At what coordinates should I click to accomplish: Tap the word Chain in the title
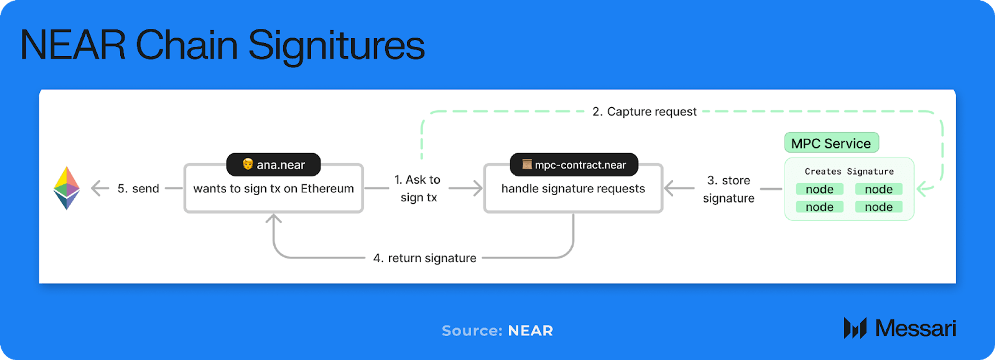coord(186,45)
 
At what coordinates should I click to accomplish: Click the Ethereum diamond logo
coord(66,188)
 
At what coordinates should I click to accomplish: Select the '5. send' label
coord(138,189)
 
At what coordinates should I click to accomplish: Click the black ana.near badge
coord(273,164)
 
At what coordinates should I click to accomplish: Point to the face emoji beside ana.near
coord(248,164)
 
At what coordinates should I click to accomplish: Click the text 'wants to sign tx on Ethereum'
coord(274,189)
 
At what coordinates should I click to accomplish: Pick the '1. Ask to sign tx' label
coord(418,188)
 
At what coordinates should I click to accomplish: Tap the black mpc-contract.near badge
coord(574,164)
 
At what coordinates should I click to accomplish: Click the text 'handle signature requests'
coord(573,189)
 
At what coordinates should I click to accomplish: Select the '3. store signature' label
coord(728,189)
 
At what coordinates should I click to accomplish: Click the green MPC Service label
coord(831,143)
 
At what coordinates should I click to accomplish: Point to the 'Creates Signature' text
coord(849,171)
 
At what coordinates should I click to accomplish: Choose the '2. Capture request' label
coord(644,111)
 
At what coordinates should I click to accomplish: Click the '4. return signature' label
coord(425,258)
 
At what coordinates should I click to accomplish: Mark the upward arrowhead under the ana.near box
coord(274,218)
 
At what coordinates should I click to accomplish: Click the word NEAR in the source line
coord(530,331)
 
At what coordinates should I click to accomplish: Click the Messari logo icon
coord(855,328)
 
